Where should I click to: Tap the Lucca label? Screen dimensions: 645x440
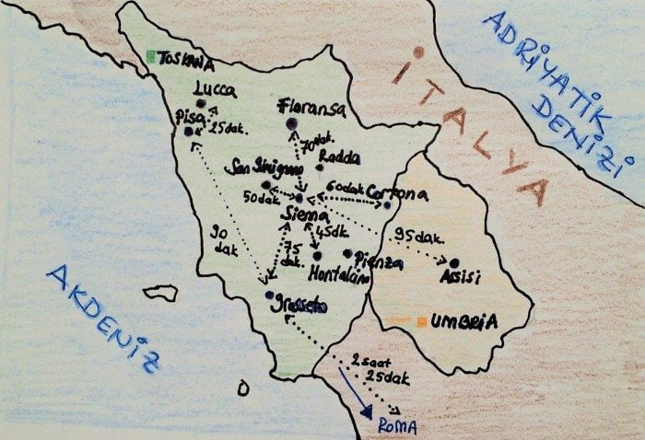pos(215,90)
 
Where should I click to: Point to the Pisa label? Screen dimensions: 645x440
pos(189,116)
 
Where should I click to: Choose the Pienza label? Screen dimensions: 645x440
pos(378,262)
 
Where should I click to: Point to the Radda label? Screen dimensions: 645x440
pos(338,158)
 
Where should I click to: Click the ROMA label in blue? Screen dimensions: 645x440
pos(398,426)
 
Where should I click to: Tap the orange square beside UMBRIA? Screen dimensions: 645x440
pos(420,322)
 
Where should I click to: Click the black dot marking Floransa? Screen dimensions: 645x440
pos(292,125)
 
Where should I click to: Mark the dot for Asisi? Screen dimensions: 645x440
pos(452,262)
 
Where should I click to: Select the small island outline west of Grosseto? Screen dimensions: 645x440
pos(160,293)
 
